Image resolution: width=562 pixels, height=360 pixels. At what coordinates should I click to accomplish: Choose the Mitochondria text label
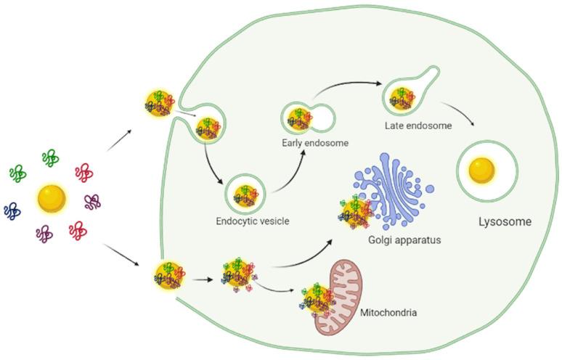pyautogui.click(x=388, y=314)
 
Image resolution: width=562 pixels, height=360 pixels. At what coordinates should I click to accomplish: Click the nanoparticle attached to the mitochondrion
pyautogui.click(x=317, y=298)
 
